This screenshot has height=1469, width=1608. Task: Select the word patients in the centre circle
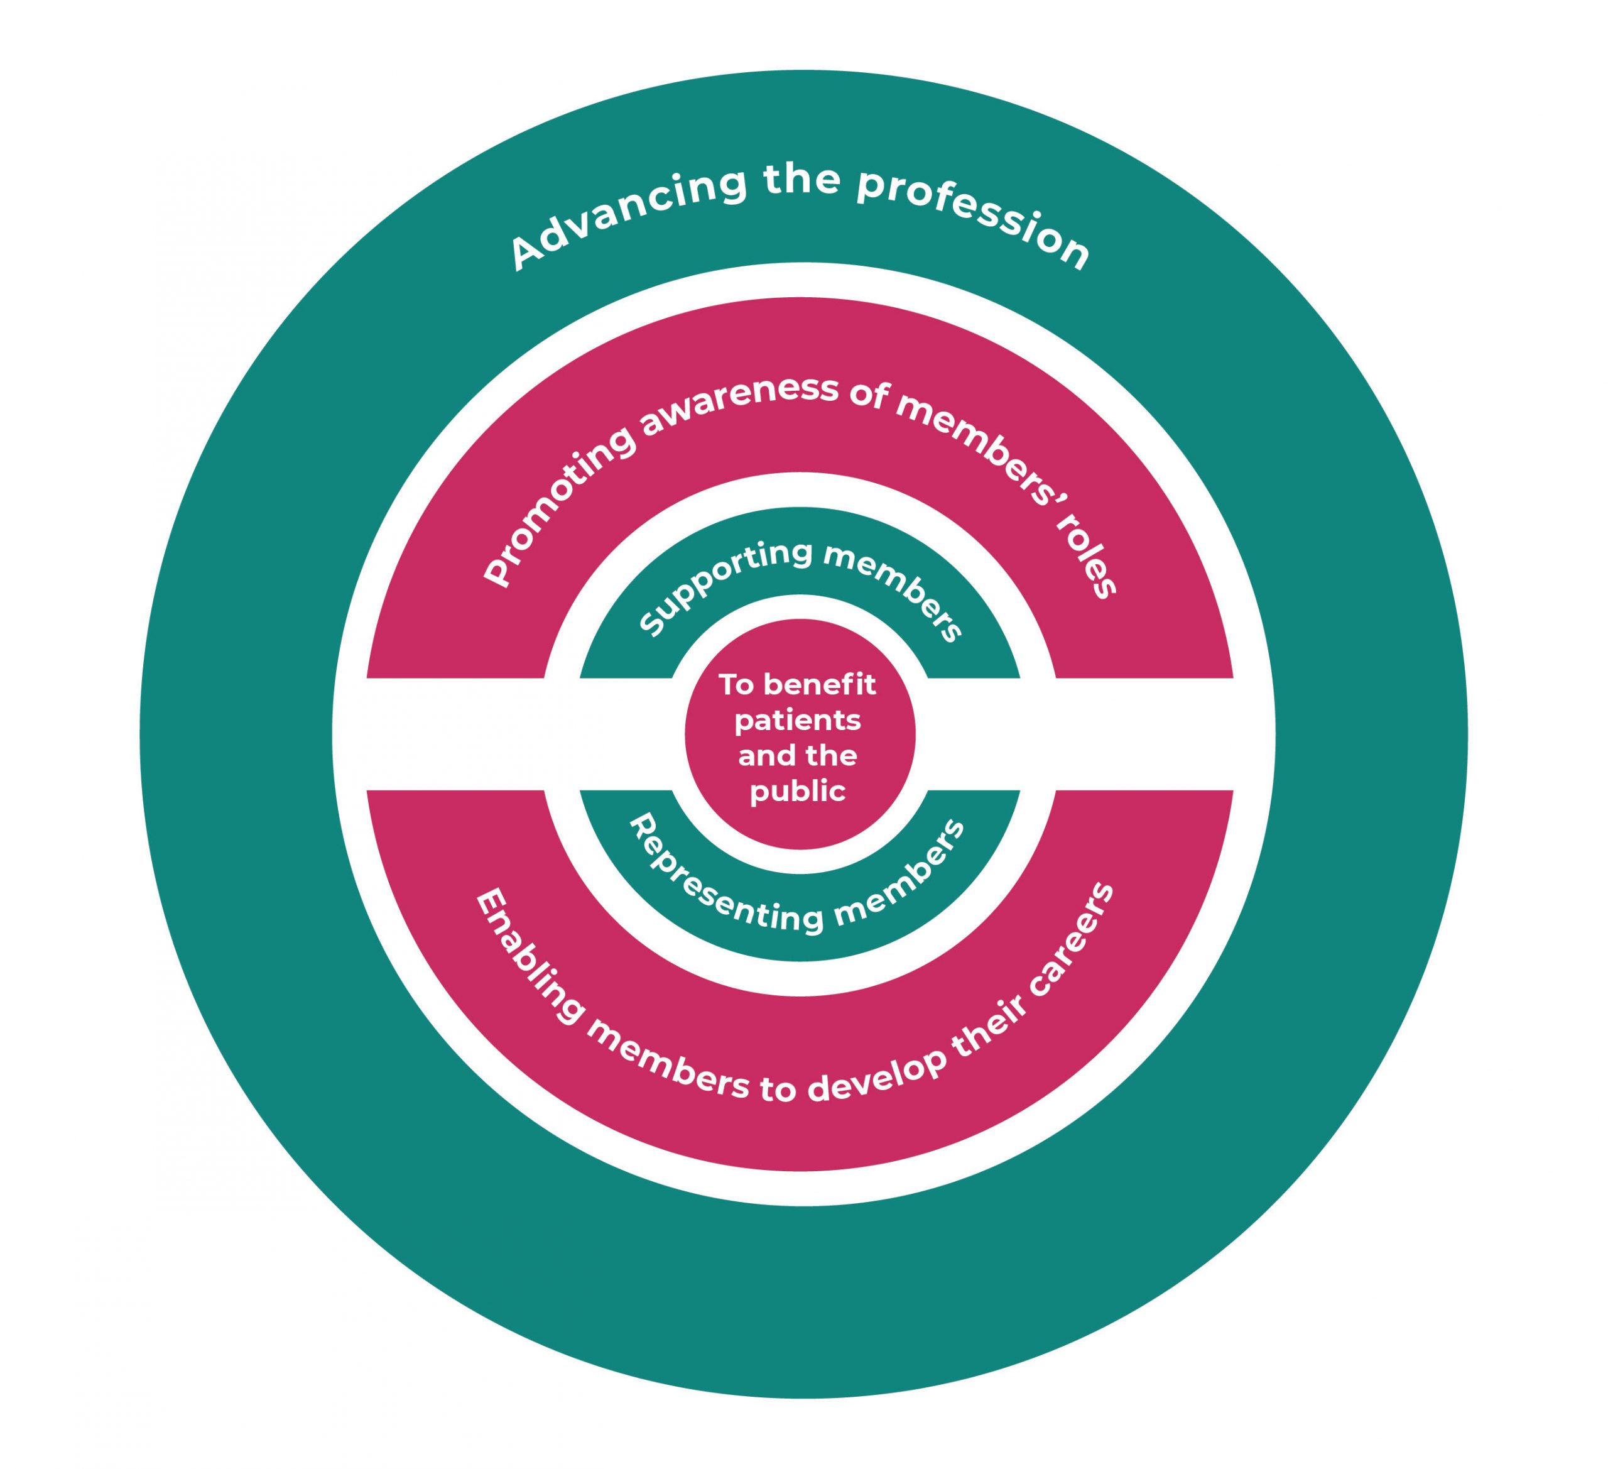pyautogui.click(x=798, y=721)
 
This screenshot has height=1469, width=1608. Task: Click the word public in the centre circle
pyautogui.click(x=798, y=792)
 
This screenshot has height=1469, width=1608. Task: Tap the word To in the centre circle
pyautogui.click(x=736, y=685)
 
